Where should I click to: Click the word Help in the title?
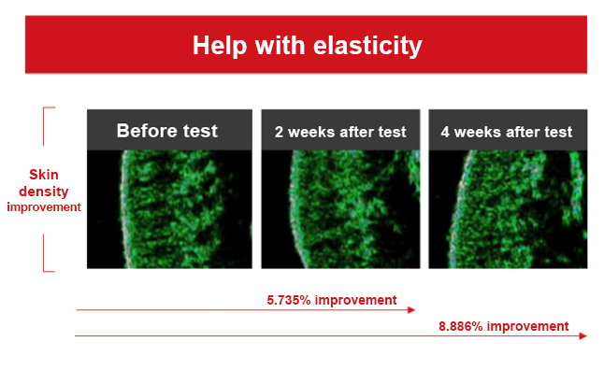point(220,46)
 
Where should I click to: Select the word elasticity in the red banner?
point(367,46)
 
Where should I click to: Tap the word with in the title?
point(280,46)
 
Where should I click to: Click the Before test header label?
point(167,131)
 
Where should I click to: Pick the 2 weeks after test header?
point(340,132)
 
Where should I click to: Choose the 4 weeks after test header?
point(507,132)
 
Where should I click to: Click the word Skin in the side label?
point(44,175)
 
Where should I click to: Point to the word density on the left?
point(44,192)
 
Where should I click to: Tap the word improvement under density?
point(44,207)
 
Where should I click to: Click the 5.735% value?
point(289,300)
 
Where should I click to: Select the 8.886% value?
point(461,326)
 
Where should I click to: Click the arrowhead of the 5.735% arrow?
point(411,310)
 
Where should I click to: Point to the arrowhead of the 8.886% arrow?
point(582,336)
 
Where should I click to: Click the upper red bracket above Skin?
point(44,126)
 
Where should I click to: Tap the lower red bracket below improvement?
point(44,253)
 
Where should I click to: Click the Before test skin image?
point(169,209)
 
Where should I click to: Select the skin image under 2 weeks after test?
point(340,209)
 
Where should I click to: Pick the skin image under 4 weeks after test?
point(508,209)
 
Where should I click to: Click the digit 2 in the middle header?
point(279,132)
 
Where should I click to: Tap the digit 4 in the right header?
point(445,132)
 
